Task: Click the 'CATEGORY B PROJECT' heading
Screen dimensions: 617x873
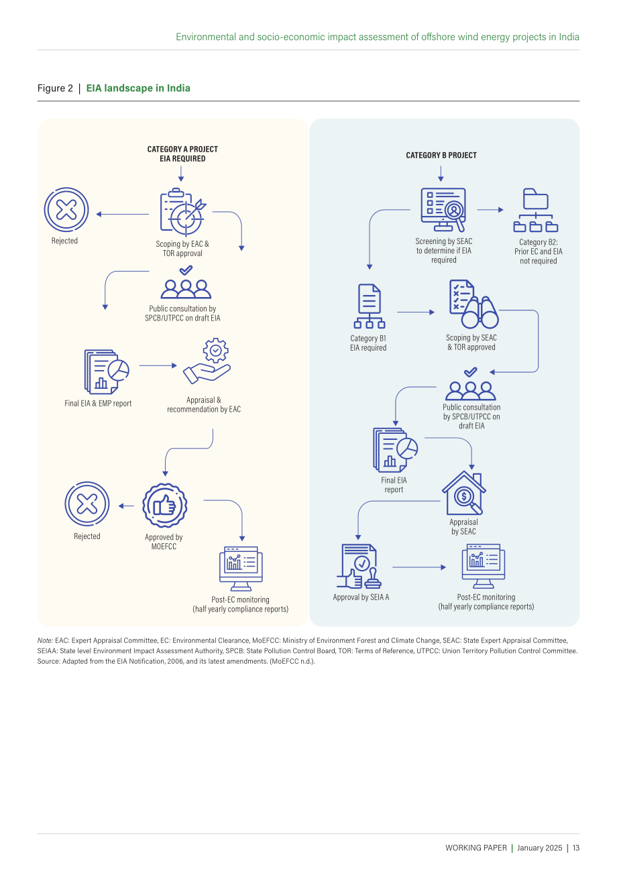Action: (441, 155)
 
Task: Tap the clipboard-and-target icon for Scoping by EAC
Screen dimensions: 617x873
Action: (182, 212)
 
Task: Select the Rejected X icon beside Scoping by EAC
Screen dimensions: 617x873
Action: (66, 210)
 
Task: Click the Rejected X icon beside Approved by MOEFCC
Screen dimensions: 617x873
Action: (87, 504)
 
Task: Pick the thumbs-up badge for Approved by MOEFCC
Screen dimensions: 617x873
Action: (164, 506)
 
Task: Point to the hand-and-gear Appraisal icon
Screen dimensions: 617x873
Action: (207, 361)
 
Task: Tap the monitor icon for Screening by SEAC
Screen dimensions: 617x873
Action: (443, 210)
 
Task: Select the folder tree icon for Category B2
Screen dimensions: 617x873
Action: (536, 210)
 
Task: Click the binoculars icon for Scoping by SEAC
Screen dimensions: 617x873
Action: (473, 304)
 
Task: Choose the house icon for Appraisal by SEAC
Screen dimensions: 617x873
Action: (464, 493)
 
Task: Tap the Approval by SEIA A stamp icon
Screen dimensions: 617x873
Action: (359, 566)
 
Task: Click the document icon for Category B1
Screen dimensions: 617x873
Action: (370, 306)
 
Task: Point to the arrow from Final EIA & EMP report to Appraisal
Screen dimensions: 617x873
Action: (158, 365)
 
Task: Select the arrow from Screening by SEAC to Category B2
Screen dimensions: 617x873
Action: (490, 210)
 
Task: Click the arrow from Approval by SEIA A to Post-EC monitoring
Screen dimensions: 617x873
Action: (419, 567)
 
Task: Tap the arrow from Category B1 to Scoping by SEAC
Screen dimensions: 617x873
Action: (416, 312)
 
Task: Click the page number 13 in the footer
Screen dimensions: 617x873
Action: (575, 848)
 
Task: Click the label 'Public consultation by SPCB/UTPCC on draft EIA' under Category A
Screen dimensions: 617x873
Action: (182, 313)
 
